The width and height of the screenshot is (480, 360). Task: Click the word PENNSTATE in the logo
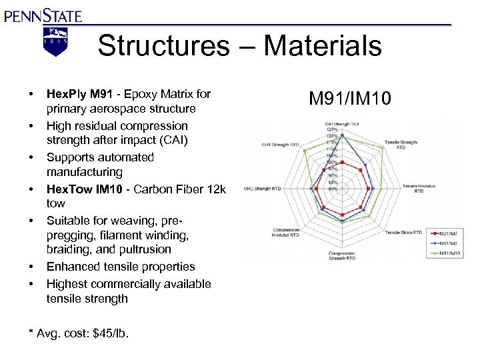coord(43,15)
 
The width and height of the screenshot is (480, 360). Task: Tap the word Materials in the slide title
coord(323,47)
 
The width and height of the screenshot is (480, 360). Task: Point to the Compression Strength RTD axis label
coord(342,256)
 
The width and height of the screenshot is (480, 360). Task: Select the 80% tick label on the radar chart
coord(333,189)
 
